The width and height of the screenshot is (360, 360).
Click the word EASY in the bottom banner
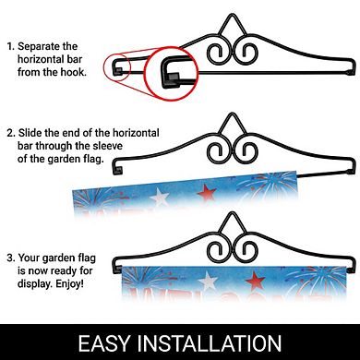(104, 343)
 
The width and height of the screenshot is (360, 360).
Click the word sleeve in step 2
(107, 146)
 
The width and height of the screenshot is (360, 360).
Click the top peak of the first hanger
(232, 16)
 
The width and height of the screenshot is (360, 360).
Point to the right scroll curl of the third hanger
(246, 251)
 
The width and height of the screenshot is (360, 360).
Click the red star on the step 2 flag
(207, 193)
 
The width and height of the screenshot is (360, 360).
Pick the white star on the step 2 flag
(160, 197)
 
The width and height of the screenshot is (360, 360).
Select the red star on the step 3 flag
(255, 281)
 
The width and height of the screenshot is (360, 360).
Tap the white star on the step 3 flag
(208, 282)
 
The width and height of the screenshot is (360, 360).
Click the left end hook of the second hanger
(117, 168)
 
